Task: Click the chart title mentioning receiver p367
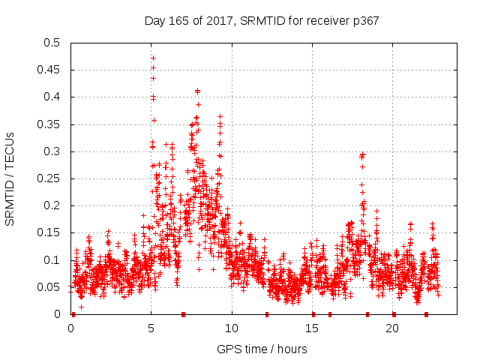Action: tap(262, 21)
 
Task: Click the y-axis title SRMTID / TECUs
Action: tap(10, 178)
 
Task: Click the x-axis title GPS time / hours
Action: tap(262, 349)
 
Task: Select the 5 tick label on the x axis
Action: tap(151, 328)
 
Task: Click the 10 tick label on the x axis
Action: tap(232, 328)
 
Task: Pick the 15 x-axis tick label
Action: tap(312, 328)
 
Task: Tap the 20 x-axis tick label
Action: tap(392, 328)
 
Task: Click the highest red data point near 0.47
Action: tap(153, 58)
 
